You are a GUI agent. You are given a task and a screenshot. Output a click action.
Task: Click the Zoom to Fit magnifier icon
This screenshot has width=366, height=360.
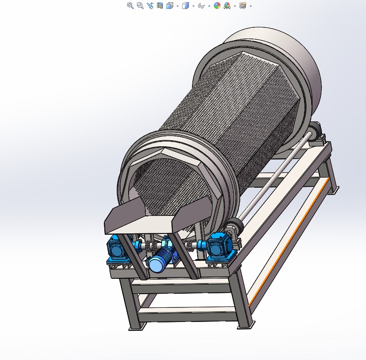tap(130, 6)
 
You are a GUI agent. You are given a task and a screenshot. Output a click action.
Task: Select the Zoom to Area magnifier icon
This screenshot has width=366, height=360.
tap(140, 6)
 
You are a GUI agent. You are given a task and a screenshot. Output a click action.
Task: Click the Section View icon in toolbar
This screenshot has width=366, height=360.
tap(160, 6)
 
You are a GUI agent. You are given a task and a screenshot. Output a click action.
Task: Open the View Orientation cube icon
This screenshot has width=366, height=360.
tap(170, 6)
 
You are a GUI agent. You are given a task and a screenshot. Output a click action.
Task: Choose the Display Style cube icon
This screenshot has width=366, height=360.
tap(185, 6)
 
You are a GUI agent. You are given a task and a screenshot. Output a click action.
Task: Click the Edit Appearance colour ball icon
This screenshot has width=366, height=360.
tap(217, 6)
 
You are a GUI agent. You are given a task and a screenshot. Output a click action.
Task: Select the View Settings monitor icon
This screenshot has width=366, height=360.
tap(243, 6)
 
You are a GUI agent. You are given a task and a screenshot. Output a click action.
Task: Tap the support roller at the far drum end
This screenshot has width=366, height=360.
tap(316, 130)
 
